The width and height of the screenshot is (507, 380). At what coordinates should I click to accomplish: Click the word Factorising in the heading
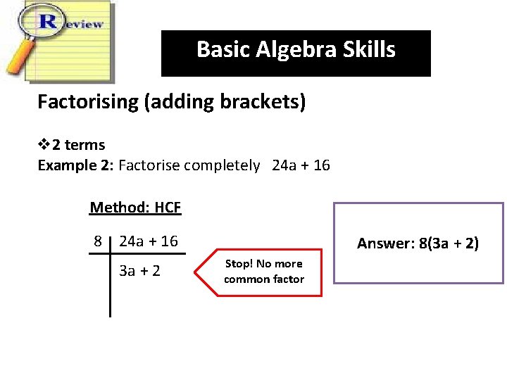pos(88,102)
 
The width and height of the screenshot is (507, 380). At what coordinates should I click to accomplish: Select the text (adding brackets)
pos(225,102)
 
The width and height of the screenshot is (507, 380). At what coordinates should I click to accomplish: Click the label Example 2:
pos(75,166)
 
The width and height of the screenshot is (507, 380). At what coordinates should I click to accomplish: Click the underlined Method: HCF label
pos(135,208)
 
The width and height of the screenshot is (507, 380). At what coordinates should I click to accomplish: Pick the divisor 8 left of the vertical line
pos(99,241)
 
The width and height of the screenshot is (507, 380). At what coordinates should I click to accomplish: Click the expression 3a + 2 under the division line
pos(140,270)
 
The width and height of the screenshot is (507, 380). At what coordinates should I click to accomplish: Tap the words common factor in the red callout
pos(264,279)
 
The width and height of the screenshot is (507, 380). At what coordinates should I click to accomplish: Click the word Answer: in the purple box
pos(385,244)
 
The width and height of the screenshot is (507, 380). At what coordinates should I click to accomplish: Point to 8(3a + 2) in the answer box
pos(448,244)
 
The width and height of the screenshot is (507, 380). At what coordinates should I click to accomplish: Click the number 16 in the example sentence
pos(321,166)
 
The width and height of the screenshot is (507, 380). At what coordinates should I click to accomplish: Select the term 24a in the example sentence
pos(285,166)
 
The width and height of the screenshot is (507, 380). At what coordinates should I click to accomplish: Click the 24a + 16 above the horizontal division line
pos(149,241)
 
